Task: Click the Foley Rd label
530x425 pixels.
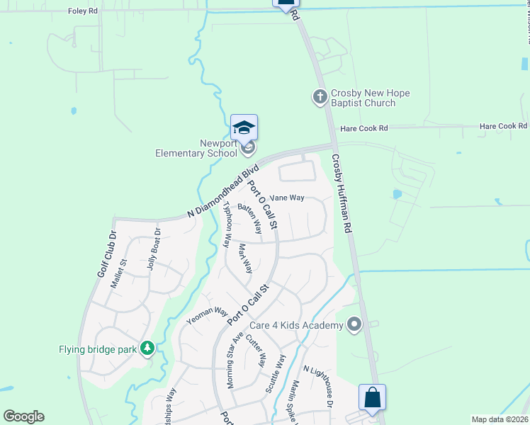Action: click(84, 11)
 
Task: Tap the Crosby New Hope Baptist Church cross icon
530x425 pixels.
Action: click(320, 96)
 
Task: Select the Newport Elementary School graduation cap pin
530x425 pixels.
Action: click(244, 128)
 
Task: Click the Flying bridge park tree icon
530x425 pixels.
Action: click(147, 348)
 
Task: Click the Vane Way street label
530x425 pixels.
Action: click(287, 198)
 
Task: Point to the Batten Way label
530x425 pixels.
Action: click(250, 218)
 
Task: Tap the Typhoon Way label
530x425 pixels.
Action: click(227, 224)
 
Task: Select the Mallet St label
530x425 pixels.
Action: click(118, 274)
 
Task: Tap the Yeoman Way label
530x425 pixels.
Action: click(206, 316)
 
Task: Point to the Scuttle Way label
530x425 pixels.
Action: click(276, 373)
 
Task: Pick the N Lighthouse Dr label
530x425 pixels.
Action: click(318, 385)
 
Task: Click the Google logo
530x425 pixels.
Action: click(23, 416)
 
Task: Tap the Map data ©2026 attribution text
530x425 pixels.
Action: click(500, 419)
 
